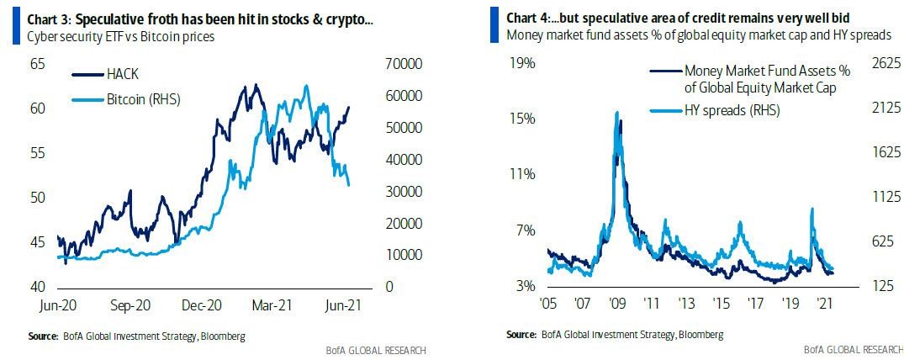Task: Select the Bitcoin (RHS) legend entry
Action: (143, 99)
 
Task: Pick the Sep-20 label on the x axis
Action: (131, 307)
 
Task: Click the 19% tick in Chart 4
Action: (524, 63)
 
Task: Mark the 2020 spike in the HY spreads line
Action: (811, 209)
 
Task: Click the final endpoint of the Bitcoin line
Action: (349, 185)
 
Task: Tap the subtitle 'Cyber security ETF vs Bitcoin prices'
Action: (120, 37)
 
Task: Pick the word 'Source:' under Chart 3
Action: (43, 336)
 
